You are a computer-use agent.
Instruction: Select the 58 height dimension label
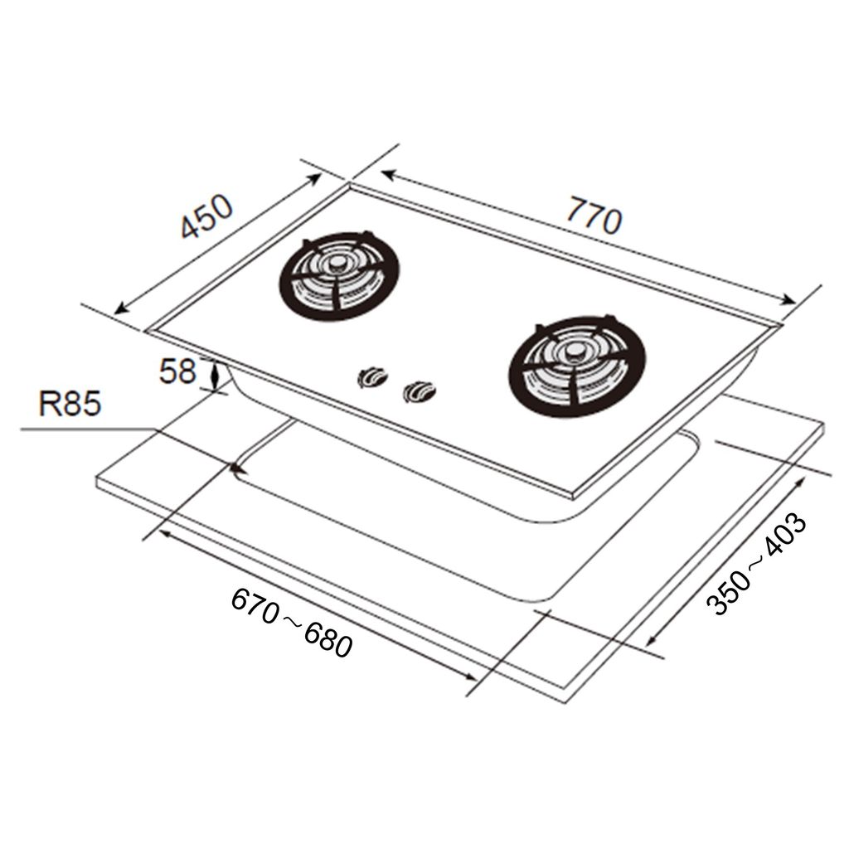(x=177, y=371)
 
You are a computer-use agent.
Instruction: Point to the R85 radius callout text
(x=70, y=404)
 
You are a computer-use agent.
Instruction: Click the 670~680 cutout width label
(x=292, y=623)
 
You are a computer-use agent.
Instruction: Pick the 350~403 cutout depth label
(x=757, y=565)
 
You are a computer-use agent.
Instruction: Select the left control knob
(x=372, y=377)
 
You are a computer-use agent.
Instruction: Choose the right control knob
(x=419, y=391)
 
